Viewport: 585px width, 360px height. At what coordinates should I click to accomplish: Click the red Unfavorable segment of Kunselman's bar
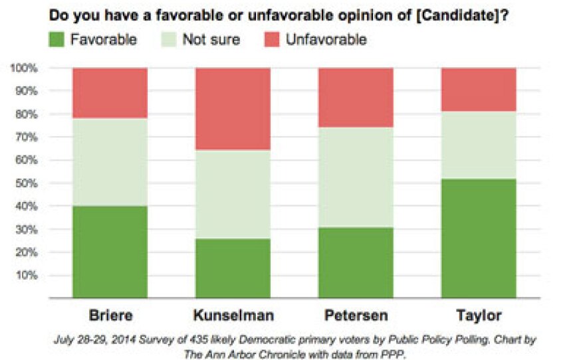(233, 109)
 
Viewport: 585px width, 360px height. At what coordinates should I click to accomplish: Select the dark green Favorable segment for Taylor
(479, 238)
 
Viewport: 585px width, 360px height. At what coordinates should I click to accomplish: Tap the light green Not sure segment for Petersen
(356, 177)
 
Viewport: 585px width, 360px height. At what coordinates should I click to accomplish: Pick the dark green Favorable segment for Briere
(110, 252)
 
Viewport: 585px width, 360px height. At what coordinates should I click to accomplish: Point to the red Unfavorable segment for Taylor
(479, 90)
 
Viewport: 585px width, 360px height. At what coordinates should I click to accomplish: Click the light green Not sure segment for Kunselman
(233, 194)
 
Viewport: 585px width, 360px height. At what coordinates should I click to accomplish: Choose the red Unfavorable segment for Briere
(110, 93)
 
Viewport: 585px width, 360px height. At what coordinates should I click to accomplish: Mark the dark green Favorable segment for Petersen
(356, 262)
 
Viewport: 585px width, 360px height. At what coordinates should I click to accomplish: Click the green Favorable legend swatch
(57, 39)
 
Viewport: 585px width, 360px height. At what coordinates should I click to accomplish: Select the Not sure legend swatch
(169, 39)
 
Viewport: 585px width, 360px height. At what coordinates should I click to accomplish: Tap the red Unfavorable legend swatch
(272, 39)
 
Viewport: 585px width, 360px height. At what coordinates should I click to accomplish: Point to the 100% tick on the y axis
(24, 68)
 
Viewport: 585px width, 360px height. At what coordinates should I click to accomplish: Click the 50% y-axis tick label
(26, 183)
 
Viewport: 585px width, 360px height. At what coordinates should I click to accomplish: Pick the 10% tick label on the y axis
(26, 275)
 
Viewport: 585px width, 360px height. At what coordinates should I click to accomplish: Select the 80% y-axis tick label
(26, 114)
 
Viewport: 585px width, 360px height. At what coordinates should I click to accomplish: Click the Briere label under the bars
(110, 315)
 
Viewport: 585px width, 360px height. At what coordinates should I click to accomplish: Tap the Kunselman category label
(233, 315)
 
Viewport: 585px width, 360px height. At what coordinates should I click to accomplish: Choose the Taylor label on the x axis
(479, 315)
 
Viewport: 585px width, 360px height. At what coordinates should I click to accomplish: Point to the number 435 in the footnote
(197, 339)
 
